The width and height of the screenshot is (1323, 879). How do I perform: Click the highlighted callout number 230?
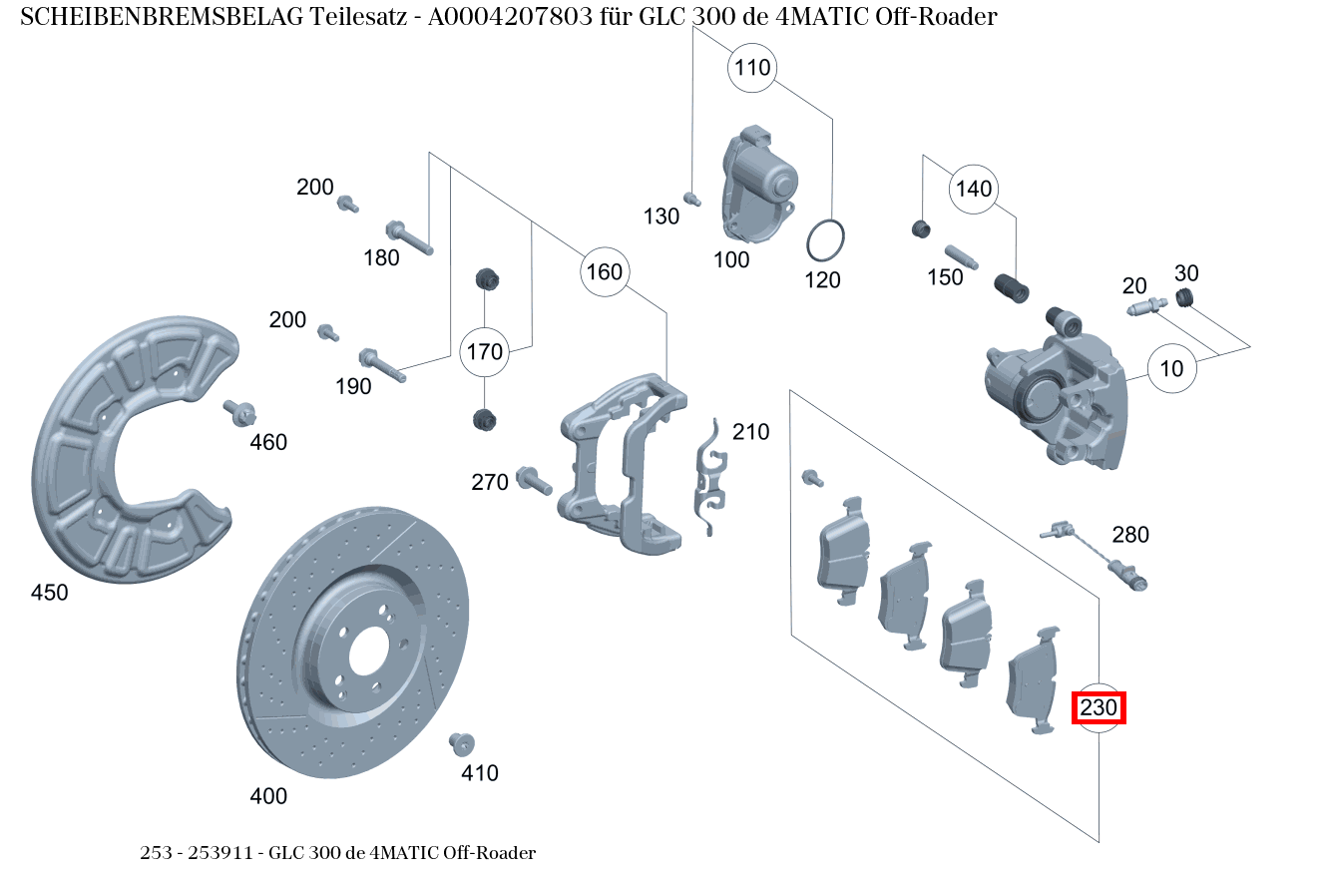(1099, 708)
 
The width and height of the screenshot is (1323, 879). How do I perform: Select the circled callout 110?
(752, 68)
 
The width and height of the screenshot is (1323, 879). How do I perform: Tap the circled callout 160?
(604, 272)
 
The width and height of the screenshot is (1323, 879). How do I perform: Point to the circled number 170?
(485, 351)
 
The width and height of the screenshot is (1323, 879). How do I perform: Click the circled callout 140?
(974, 189)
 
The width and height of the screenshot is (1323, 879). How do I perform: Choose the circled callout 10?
(1171, 368)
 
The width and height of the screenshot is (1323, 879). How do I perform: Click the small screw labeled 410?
(461, 743)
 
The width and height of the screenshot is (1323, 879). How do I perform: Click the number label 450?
(50, 593)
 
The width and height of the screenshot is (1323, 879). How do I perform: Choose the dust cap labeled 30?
(1184, 297)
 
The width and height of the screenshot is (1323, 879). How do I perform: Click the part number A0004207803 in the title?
(516, 17)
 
